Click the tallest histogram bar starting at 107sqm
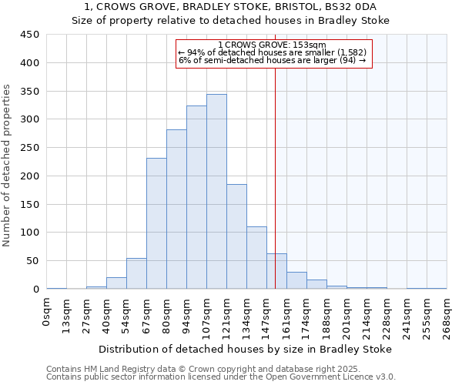216,192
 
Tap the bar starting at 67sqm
156,223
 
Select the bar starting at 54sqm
136,273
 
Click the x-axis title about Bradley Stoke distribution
246,349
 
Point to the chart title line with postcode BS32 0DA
231,7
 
